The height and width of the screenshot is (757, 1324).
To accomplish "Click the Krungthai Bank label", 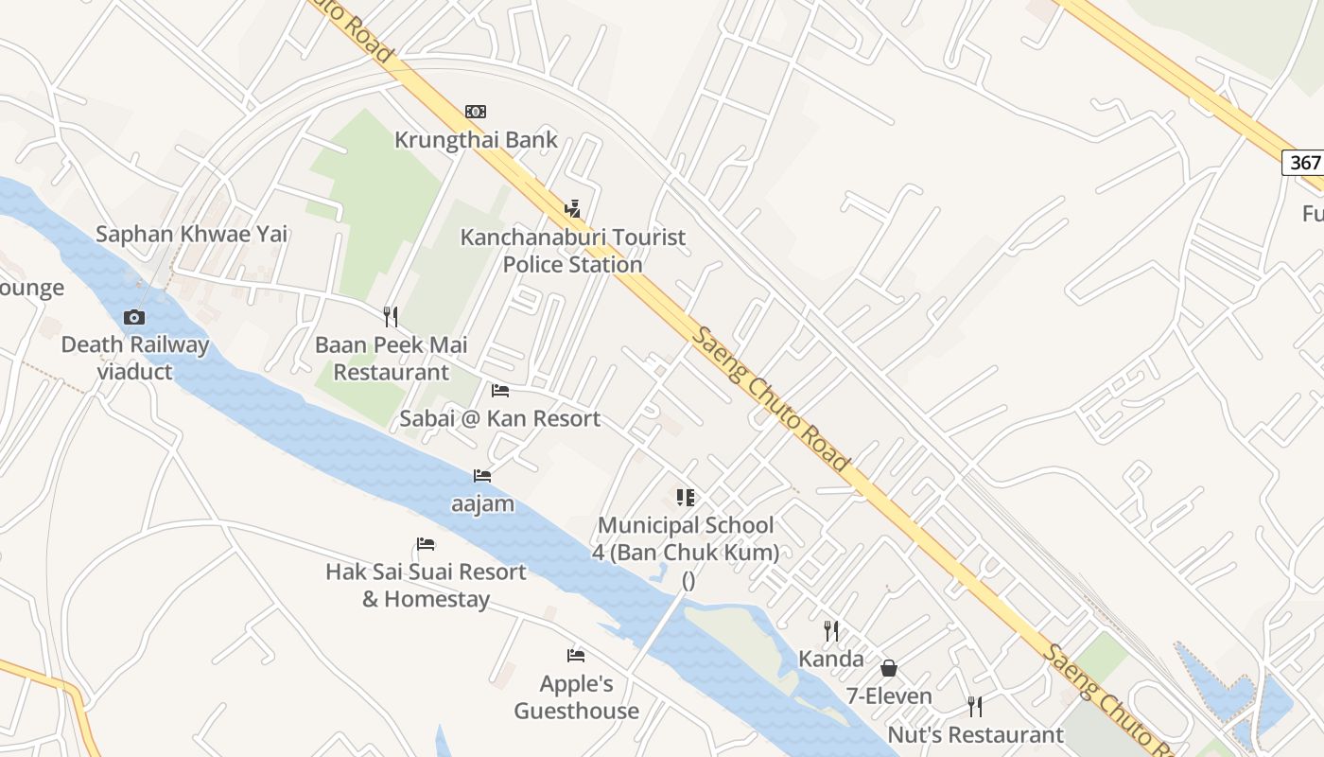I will click(476, 140).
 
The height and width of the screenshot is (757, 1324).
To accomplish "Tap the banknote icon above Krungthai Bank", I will click(476, 112).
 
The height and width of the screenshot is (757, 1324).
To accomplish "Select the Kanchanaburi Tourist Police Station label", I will click(573, 251).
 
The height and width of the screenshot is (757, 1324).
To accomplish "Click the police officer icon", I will click(572, 208).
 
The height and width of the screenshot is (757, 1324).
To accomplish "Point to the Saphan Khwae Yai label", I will click(191, 235).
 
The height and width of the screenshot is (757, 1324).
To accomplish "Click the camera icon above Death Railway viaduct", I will click(134, 317).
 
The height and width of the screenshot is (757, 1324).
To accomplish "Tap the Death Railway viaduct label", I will click(134, 358).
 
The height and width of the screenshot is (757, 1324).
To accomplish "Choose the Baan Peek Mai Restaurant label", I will click(391, 359).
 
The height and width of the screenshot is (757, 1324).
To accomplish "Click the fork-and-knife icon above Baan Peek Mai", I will click(390, 316).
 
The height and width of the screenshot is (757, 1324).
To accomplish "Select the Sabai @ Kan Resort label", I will click(499, 418).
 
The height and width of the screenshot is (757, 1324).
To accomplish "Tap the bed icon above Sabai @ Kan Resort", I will click(499, 390).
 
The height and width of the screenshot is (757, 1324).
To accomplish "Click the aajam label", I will click(482, 503).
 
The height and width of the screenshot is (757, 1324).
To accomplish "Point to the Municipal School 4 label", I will click(686, 538).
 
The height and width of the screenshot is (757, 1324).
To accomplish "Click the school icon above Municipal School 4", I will click(686, 497).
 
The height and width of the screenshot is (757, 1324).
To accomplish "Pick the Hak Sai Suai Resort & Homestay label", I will click(426, 585).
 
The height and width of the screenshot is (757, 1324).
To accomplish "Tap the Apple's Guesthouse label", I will click(576, 697).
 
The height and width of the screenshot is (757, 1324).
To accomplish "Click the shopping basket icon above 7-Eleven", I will click(889, 668).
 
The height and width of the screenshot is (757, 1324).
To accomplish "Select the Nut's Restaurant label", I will click(975, 734).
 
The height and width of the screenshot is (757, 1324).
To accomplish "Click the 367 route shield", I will click(1304, 162).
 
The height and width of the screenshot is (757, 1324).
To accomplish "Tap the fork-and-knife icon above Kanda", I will click(831, 630).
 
